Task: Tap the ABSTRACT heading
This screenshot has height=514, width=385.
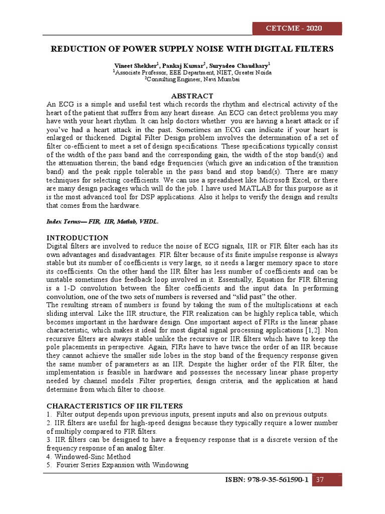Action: click(x=192, y=96)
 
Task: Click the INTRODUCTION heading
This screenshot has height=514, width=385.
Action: click(x=77, y=238)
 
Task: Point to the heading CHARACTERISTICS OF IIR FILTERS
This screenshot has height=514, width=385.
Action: click(x=115, y=406)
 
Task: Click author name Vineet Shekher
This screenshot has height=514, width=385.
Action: click(x=136, y=66)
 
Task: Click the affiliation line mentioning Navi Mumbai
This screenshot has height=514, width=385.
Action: click(x=192, y=79)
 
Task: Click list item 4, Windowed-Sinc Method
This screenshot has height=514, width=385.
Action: click(x=89, y=457)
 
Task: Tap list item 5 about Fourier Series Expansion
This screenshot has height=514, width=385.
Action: click(x=117, y=465)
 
